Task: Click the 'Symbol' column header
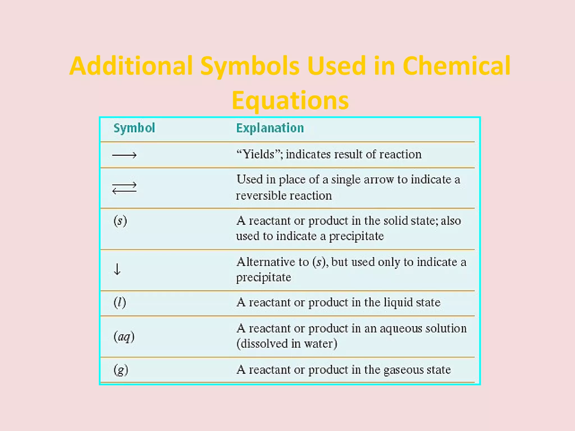coord(134,128)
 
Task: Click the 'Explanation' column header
coord(270,128)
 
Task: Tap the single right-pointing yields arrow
coord(124,155)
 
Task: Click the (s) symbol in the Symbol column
coord(120,221)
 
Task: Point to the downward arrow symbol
coord(117,269)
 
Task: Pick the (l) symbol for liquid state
coord(120,302)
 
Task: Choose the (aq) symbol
coord(124,336)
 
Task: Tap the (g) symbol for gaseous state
coord(121,370)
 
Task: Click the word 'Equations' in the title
coord(290,100)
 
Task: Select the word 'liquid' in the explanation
coord(398,302)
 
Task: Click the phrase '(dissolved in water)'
coord(287,344)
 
